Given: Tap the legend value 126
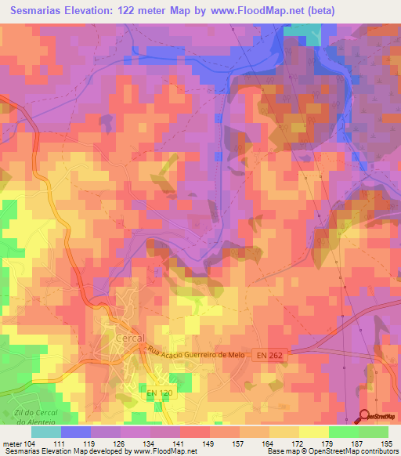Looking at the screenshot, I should pos(121,444).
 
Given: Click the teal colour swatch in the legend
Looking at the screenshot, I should pos(46,432).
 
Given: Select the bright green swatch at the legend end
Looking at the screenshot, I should pos(374,432).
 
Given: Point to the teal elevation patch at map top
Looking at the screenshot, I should pos(307,31).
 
